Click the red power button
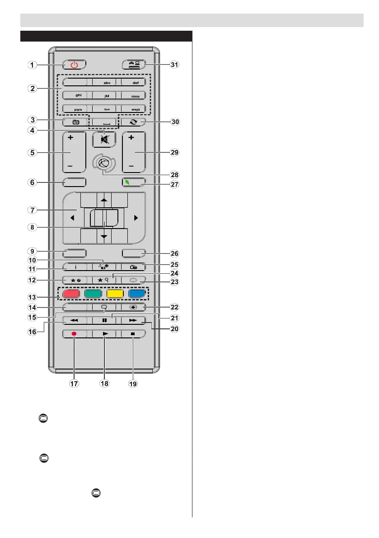tap(74, 65)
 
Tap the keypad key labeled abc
tap(104, 82)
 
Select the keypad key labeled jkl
tap(104, 96)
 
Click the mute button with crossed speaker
tap(104, 140)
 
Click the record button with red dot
tap(74, 334)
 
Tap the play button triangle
tap(104, 334)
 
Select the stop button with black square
tap(134, 334)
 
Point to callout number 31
tap(174, 65)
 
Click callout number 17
tap(74, 384)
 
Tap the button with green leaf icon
tap(134, 182)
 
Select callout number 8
tap(31, 228)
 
